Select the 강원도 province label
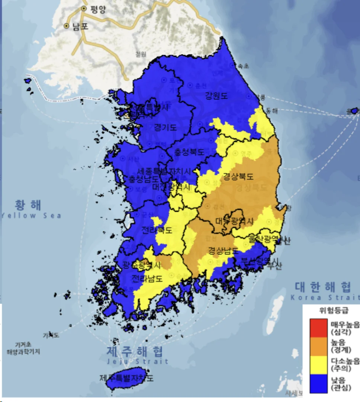pos(216,95)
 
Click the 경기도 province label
pos(165,127)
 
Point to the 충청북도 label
pos(190,152)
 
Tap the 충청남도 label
pos(143,179)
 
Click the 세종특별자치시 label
pos(164,171)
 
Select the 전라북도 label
pos(157,230)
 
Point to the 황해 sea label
pos(28,205)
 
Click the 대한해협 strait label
pos(323,287)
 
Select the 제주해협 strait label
pos(135,351)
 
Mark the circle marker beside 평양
pos(84,9)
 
